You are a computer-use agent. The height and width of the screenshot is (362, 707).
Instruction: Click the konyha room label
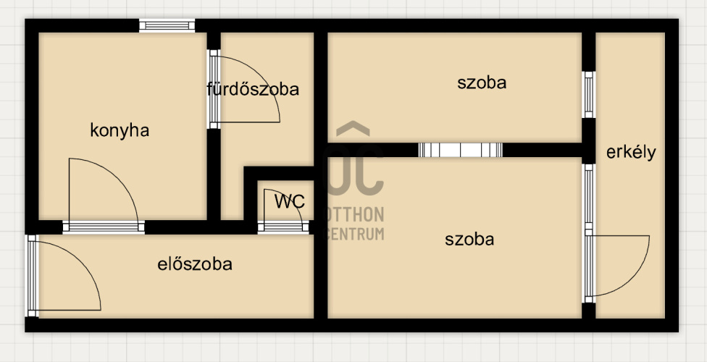click(120, 130)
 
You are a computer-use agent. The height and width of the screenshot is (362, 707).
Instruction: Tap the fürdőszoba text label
click(253, 90)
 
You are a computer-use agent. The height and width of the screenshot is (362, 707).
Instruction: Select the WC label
click(289, 201)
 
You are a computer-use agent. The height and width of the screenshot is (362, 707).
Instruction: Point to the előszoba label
click(195, 264)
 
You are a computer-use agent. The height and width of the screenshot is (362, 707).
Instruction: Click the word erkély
click(631, 152)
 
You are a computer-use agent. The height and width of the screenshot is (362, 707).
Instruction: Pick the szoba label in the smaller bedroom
click(482, 83)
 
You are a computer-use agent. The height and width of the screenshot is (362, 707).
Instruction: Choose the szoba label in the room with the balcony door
click(469, 240)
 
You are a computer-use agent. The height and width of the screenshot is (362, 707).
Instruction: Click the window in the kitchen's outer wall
click(167, 26)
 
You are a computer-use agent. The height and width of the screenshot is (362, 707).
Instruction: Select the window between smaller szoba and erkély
click(588, 94)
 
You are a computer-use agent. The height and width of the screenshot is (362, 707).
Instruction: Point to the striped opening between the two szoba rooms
click(460, 151)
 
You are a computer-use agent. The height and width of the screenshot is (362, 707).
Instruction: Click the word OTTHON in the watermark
click(355, 214)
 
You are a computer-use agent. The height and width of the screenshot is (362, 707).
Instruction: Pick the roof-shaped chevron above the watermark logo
click(353, 130)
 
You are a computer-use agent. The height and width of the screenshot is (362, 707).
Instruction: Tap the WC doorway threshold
click(283, 227)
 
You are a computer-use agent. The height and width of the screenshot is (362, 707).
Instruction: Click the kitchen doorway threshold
click(103, 227)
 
